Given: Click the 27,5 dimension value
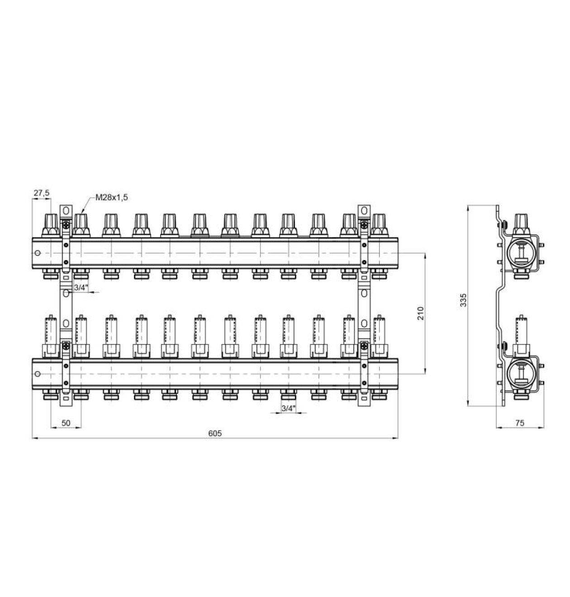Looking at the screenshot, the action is [41, 193].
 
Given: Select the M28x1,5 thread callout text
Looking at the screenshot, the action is [112, 197].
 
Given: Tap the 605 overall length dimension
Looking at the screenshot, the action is [215, 433].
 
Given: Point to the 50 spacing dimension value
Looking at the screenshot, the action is [66, 423].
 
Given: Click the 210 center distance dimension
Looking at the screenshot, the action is [421, 313].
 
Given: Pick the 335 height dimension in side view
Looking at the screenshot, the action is [463, 300].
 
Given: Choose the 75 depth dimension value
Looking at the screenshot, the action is [520, 423].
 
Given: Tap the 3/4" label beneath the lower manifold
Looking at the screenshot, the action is [288, 408].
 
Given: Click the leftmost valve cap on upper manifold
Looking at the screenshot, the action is [50, 225].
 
